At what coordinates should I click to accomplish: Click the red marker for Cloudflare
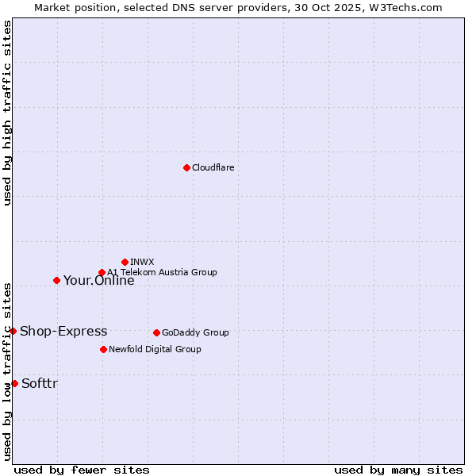(x=186, y=167)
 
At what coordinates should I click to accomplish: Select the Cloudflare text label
(x=213, y=168)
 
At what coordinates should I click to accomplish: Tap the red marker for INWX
(x=125, y=262)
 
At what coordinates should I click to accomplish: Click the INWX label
(x=142, y=262)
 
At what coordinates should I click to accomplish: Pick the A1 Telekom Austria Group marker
(x=102, y=273)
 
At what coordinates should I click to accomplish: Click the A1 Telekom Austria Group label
(x=162, y=273)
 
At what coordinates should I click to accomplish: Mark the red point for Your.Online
(x=56, y=280)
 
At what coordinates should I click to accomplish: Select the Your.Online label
(x=98, y=280)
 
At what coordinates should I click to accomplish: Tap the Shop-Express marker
(x=13, y=331)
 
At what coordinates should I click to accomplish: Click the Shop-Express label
(x=63, y=332)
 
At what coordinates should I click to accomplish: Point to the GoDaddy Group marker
(x=156, y=332)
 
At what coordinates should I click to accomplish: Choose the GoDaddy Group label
(x=195, y=333)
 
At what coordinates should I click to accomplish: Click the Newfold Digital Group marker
(x=103, y=349)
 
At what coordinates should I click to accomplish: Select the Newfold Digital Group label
(x=155, y=350)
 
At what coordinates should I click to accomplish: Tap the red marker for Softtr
(x=14, y=383)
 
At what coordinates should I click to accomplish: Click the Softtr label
(x=40, y=384)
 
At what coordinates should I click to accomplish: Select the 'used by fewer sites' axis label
(x=82, y=470)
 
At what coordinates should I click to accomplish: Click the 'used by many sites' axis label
(x=398, y=470)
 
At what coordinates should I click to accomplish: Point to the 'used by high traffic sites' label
(x=7, y=113)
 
